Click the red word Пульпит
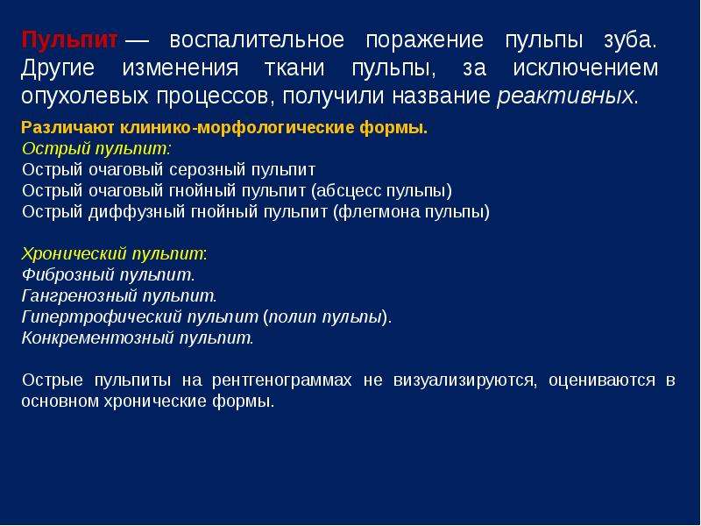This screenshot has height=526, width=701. point(69,40)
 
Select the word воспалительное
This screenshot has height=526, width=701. point(257,40)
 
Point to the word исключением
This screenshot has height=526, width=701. point(585,68)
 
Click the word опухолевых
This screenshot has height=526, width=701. point(84,96)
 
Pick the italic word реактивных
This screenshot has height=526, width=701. point(565,96)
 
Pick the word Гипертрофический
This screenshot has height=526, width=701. point(101,317)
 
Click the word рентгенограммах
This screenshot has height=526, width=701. point(281,380)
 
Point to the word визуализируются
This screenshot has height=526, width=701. point(464,380)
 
